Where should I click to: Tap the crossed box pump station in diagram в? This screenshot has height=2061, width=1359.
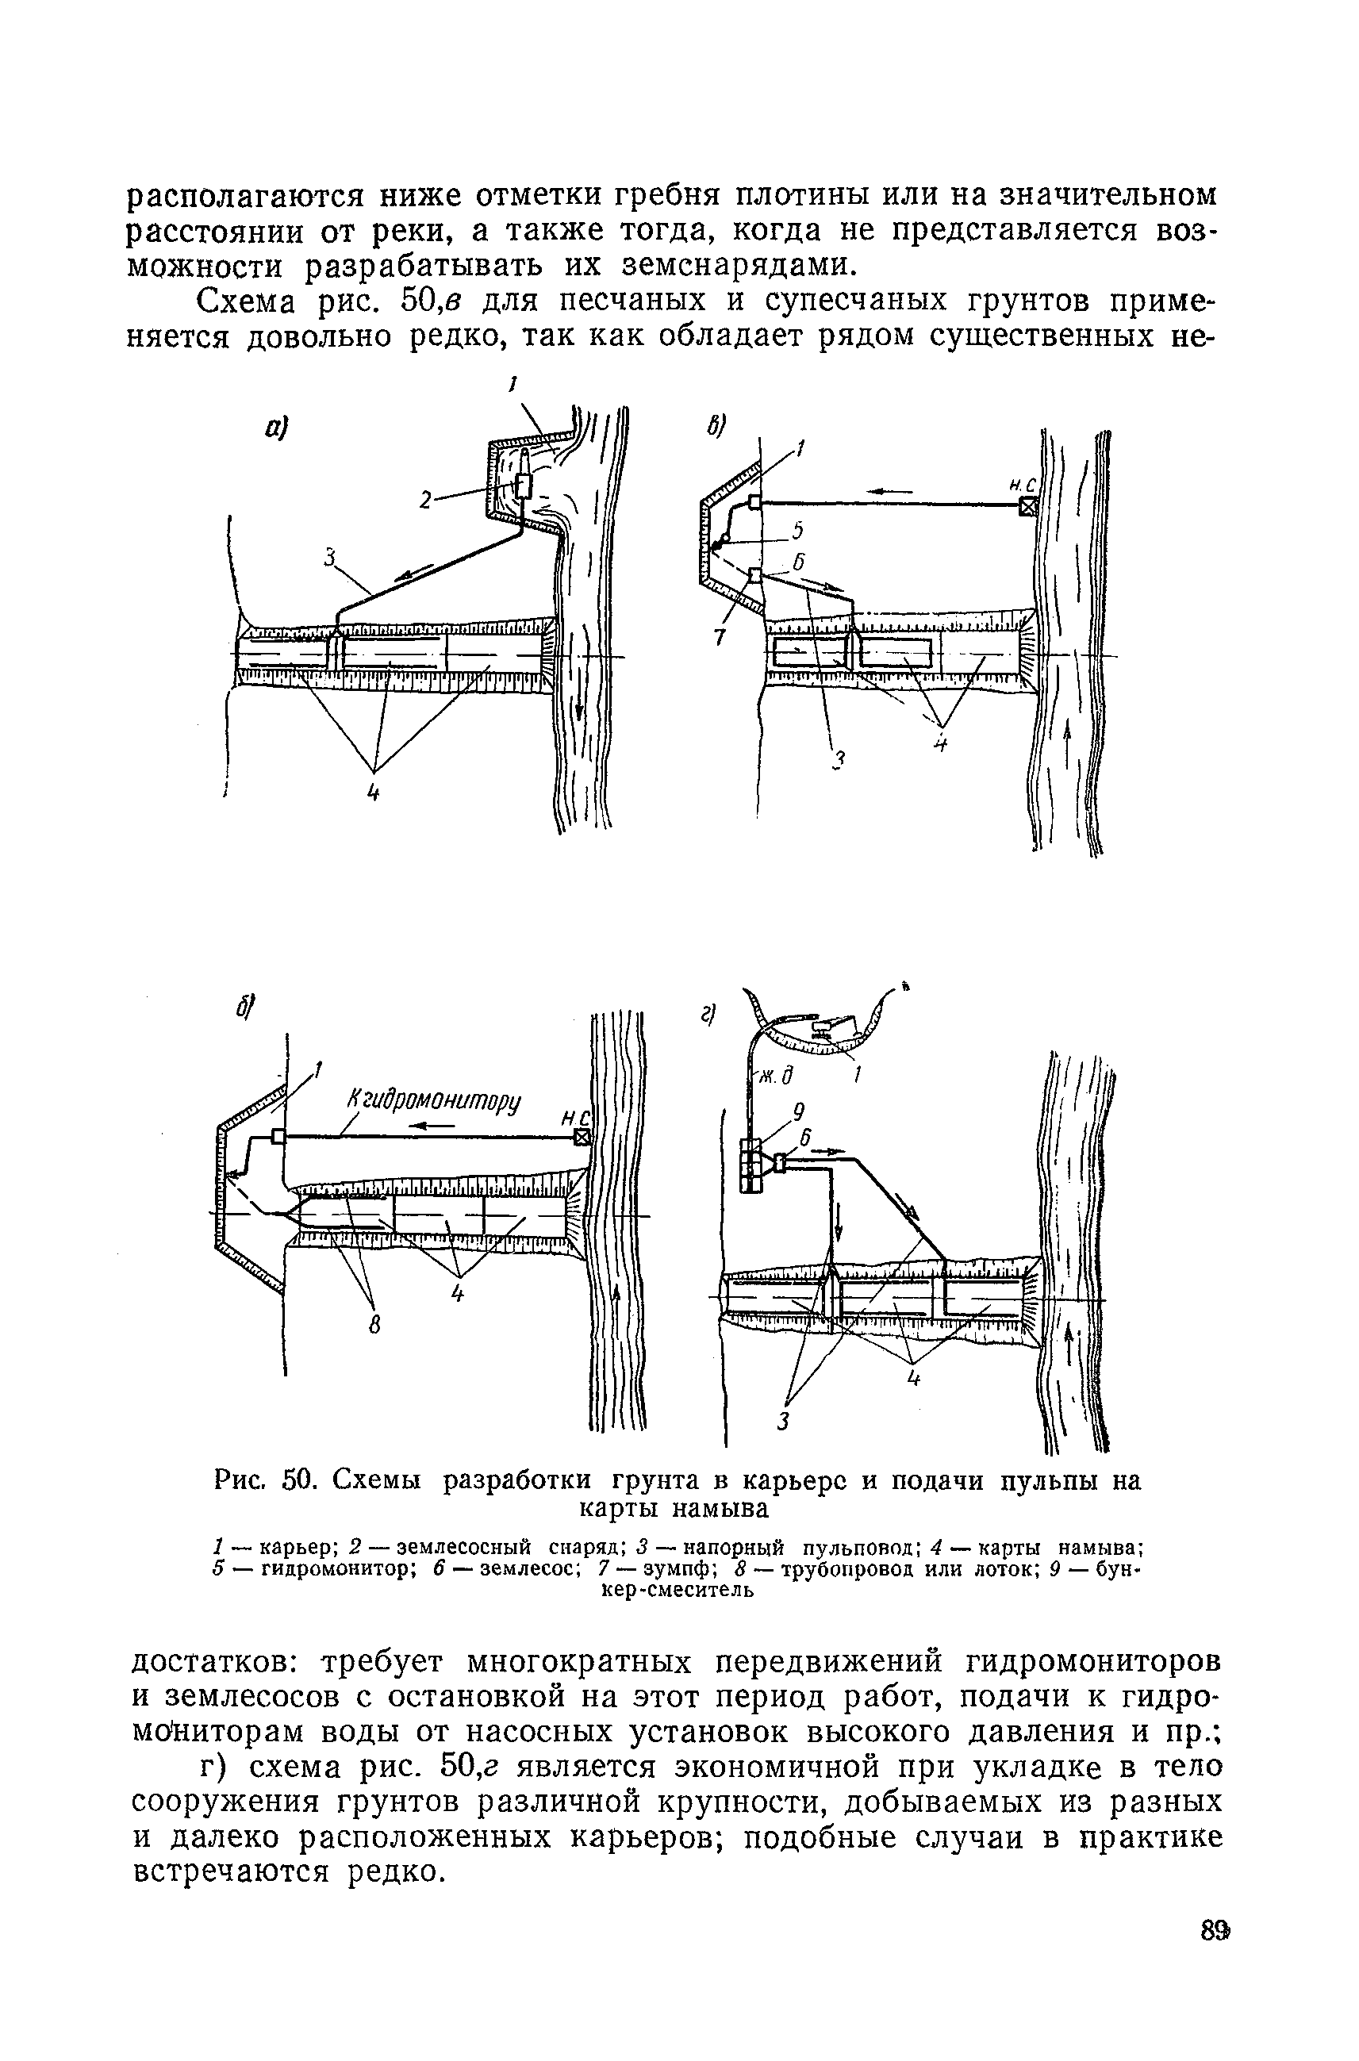[x=1027, y=507]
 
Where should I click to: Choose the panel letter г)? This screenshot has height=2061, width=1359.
[x=709, y=1014]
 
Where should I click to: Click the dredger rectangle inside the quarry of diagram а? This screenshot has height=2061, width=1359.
[x=523, y=486]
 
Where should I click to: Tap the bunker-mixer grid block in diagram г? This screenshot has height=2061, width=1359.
[x=750, y=1167]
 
